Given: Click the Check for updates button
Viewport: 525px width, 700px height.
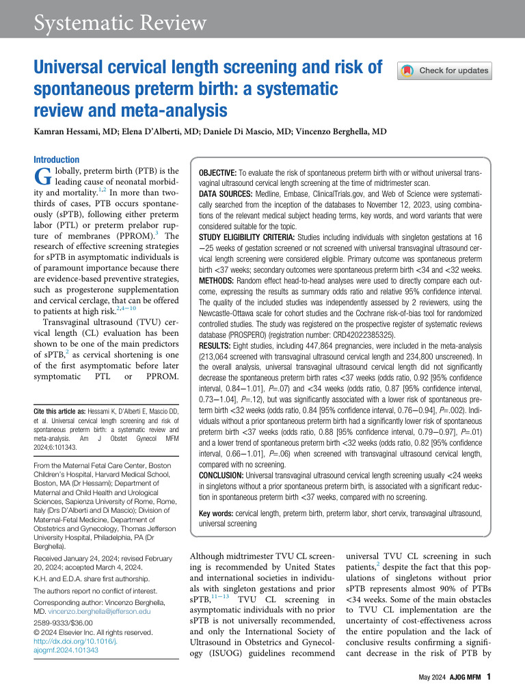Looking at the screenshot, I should coord(444,70).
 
